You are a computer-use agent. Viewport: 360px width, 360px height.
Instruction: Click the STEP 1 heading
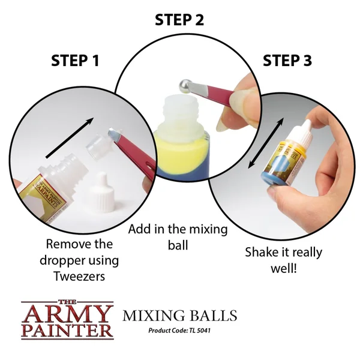[75, 61]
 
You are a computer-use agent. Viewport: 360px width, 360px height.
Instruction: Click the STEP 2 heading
[179, 20]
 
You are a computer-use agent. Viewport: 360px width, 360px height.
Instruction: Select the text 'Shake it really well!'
[283, 260]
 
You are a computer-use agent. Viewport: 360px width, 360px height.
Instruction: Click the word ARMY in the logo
[67, 314]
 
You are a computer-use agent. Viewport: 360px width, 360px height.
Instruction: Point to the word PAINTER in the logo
[67, 329]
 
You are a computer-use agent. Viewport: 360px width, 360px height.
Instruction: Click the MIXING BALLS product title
[179, 316]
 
